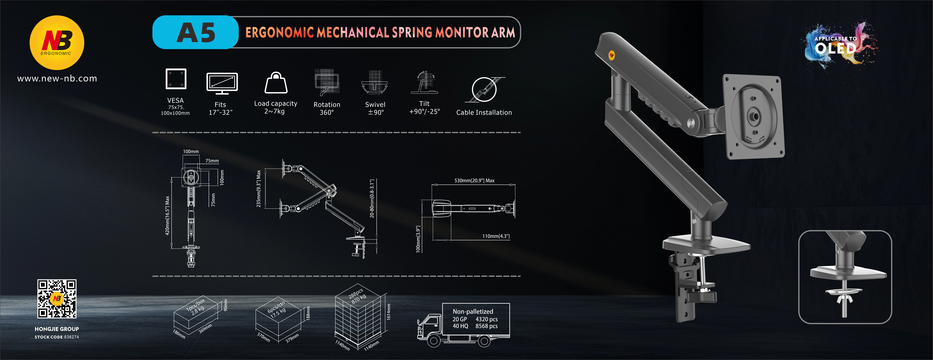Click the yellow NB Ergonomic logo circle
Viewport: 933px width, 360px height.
point(57,43)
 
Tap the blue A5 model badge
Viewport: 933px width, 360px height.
point(196,32)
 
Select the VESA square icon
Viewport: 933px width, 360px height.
point(176,79)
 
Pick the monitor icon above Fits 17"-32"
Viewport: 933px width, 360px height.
point(222,83)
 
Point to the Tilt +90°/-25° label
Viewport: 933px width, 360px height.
point(424,108)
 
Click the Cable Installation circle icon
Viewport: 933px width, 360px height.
point(484,89)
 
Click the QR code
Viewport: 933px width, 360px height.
point(57,299)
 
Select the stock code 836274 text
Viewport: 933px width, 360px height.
point(57,337)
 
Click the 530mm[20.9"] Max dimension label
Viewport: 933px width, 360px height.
point(474,180)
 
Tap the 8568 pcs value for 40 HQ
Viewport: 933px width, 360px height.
point(486,326)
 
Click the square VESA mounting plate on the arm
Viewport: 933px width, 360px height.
point(753,117)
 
